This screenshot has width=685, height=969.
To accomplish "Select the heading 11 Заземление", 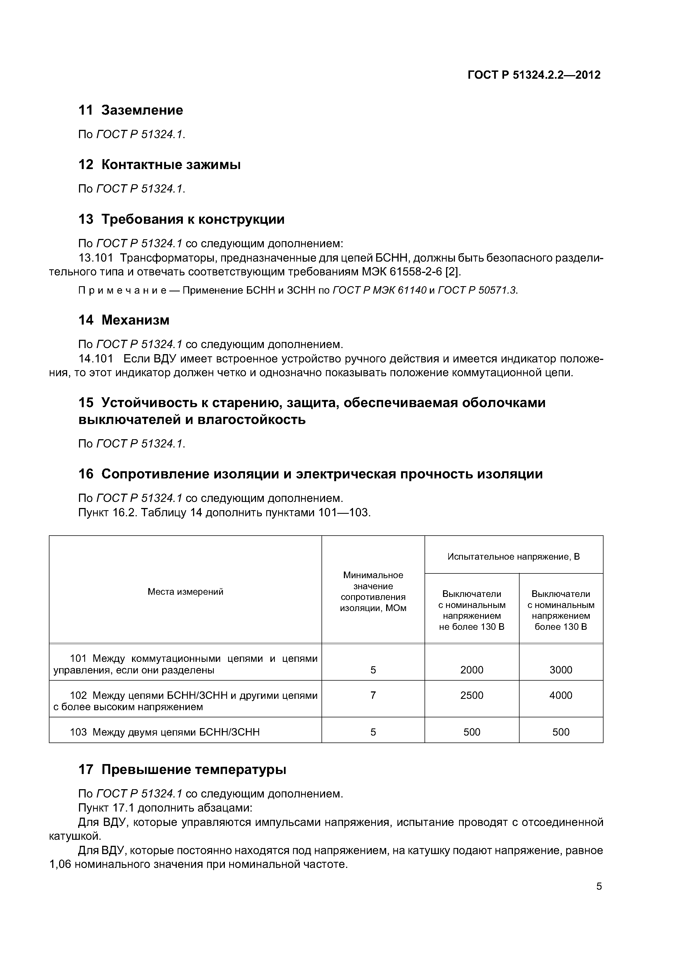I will click(131, 110).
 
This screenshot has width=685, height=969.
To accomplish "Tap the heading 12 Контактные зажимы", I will click(159, 165).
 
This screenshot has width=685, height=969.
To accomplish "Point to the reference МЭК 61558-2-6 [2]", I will click(411, 272).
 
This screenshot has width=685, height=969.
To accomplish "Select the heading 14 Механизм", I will click(124, 320).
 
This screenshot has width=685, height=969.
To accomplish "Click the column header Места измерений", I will click(185, 592).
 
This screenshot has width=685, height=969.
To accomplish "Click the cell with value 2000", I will click(471, 670).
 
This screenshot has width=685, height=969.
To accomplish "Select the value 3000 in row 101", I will click(560, 670).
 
